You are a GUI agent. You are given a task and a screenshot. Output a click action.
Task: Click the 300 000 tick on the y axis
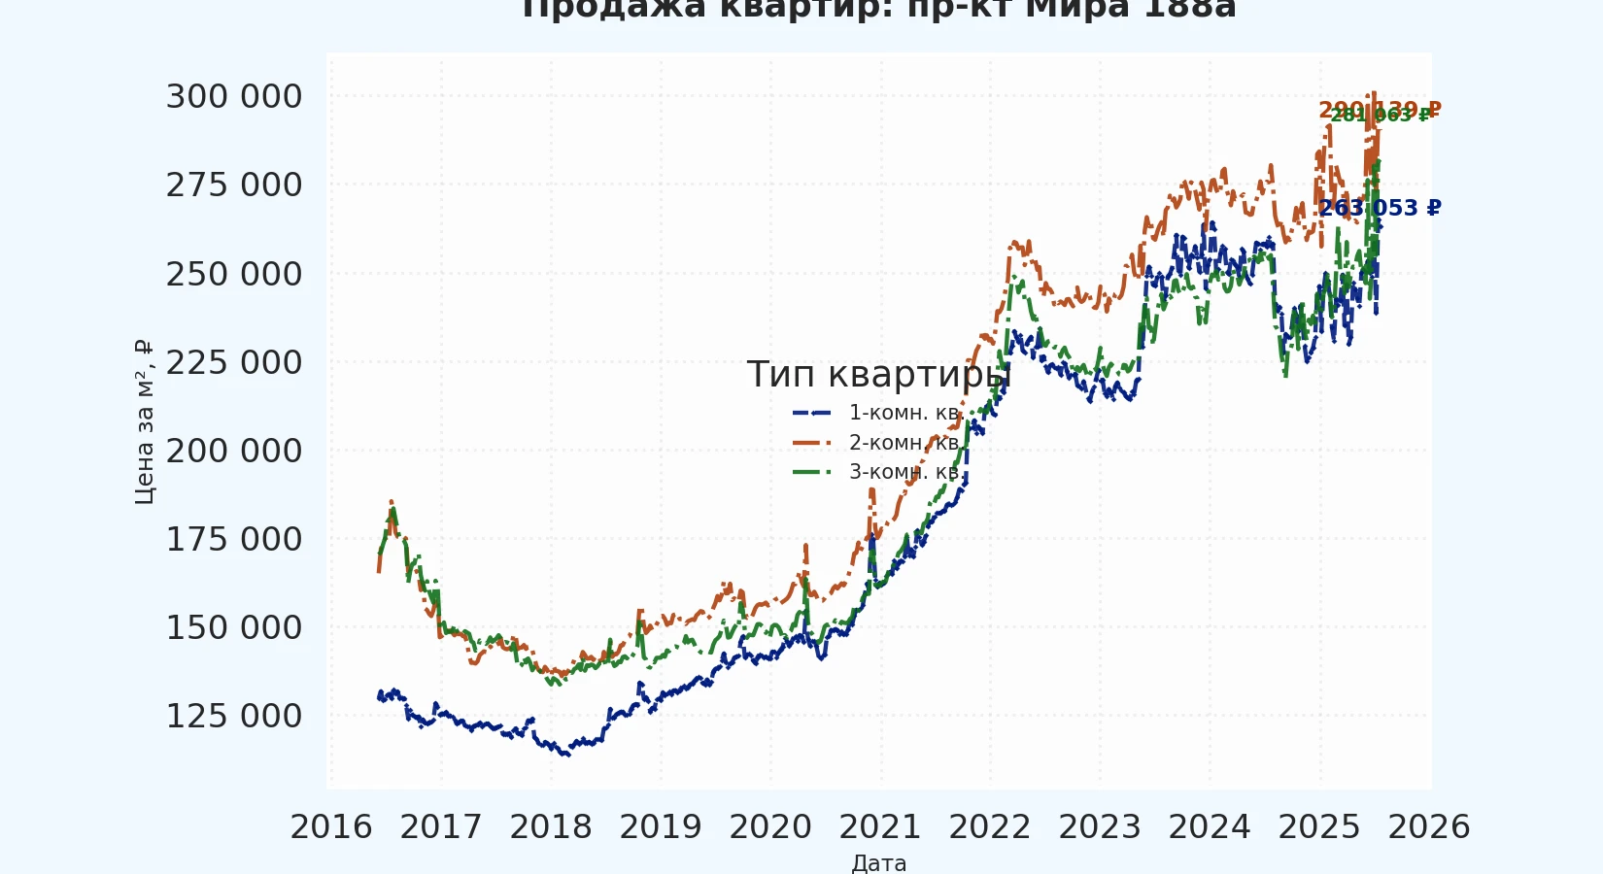point(234,97)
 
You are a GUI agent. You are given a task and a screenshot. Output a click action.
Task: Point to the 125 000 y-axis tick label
point(234,717)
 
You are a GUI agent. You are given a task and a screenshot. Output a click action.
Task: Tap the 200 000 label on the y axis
point(234,452)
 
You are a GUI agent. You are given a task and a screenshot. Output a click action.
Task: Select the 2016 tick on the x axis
point(331,827)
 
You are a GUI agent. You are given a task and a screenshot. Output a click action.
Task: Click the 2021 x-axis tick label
point(880,827)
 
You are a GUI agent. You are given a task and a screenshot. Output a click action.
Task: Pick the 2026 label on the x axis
point(1429,827)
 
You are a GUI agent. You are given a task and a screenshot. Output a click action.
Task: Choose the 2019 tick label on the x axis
point(661,827)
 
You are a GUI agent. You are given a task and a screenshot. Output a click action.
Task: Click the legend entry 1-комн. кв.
point(904,413)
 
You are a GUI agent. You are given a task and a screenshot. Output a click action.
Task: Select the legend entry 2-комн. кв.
point(904,443)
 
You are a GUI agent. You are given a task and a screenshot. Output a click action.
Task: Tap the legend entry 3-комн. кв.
point(904,472)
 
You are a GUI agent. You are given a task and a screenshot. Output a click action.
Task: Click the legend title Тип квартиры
point(878,375)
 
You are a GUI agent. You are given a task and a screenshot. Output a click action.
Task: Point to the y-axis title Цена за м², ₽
point(144,422)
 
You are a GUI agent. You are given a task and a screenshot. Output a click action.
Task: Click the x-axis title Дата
point(879,862)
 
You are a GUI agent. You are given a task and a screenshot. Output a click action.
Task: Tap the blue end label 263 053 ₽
point(1380,209)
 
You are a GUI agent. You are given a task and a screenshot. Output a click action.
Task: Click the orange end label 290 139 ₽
point(1380,109)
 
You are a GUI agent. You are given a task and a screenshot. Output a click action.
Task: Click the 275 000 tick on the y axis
point(234,185)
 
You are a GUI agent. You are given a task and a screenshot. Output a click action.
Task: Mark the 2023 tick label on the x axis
point(1100,827)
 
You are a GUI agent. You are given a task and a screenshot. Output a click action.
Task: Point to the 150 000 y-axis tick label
point(234,628)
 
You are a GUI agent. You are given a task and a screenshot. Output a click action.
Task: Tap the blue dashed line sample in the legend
point(813,413)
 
